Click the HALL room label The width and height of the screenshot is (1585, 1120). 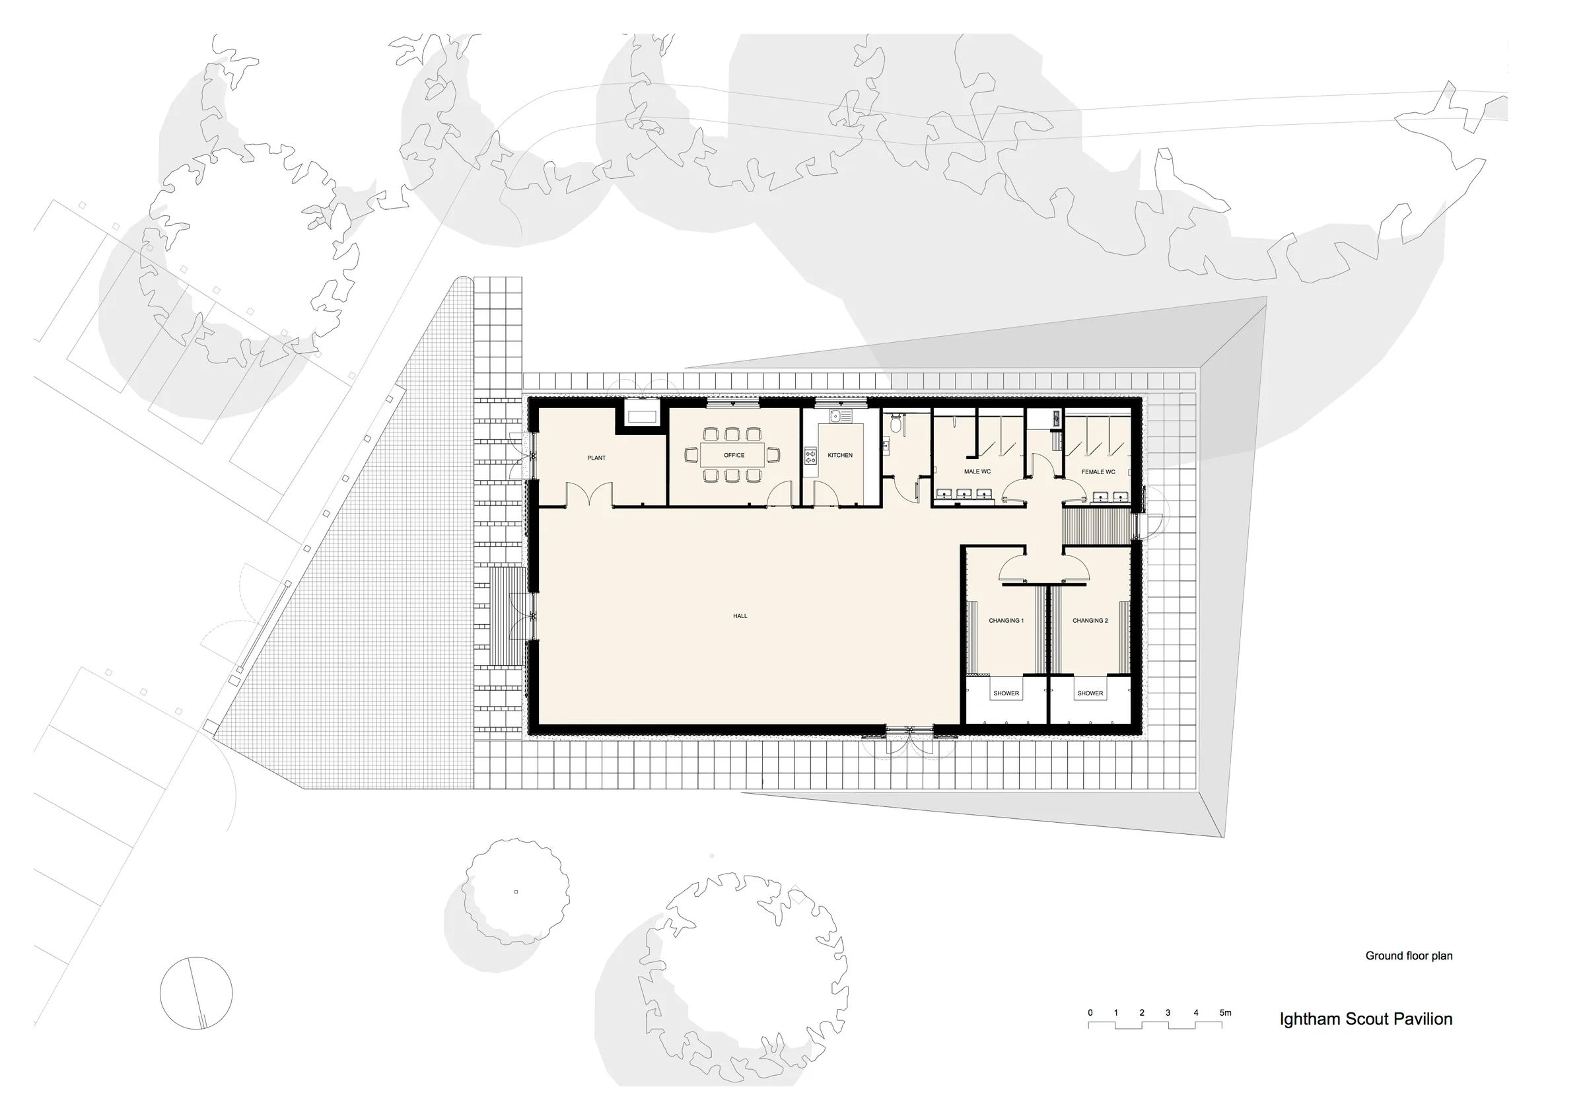click(x=740, y=616)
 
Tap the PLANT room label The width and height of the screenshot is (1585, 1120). click(x=596, y=458)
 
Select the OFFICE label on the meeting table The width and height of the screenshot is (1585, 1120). click(x=734, y=456)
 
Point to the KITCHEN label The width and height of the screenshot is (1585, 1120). click(x=840, y=456)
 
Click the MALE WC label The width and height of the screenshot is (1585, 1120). click(x=977, y=472)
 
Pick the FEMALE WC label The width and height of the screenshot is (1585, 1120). click(x=1098, y=472)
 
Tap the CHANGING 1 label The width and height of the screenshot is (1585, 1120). click(x=1006, y=621)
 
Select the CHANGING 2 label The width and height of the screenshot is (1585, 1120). click(x=1090, y=621)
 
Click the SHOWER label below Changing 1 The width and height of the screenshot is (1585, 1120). click(x=1006, y=693)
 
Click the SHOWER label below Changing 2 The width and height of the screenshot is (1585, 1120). click(x=1091, y=693)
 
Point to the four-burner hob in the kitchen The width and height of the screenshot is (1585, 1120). click(x=810, y=456)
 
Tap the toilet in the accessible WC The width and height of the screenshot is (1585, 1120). click(x=896, y=423)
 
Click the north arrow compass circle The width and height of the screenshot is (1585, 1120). click(x=196, y=993)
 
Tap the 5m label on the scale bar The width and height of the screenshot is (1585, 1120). click(x=1225, y=1013)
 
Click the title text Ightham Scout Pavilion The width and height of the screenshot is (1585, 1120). click(x=1366, y=1019)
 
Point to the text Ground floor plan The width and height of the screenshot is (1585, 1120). click(x=1409, y=956)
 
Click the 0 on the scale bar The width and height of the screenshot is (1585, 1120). click(x=1090, y=1013)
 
